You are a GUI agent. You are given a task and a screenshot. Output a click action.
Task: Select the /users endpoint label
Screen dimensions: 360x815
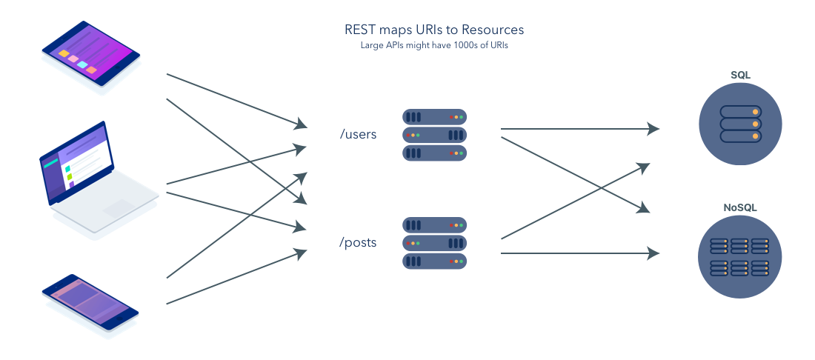[358, 135]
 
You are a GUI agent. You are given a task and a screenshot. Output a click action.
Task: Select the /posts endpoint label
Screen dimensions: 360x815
[358, 242]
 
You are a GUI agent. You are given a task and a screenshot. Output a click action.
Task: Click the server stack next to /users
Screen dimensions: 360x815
[435, 135]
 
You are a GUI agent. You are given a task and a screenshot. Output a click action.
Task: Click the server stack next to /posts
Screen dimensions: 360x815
[435, 242]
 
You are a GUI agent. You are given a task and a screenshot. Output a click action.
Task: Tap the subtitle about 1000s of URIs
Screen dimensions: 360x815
[434, 46]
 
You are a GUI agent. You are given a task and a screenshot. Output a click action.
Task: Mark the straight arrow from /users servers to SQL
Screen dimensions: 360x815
[578, 129]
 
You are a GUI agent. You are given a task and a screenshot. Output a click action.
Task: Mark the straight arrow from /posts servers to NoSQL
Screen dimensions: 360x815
[578, 253]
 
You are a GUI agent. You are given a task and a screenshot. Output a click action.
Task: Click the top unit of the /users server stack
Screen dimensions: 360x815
[435, 117]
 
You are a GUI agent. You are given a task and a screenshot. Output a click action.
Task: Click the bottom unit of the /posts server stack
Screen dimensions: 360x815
[435, 261]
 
